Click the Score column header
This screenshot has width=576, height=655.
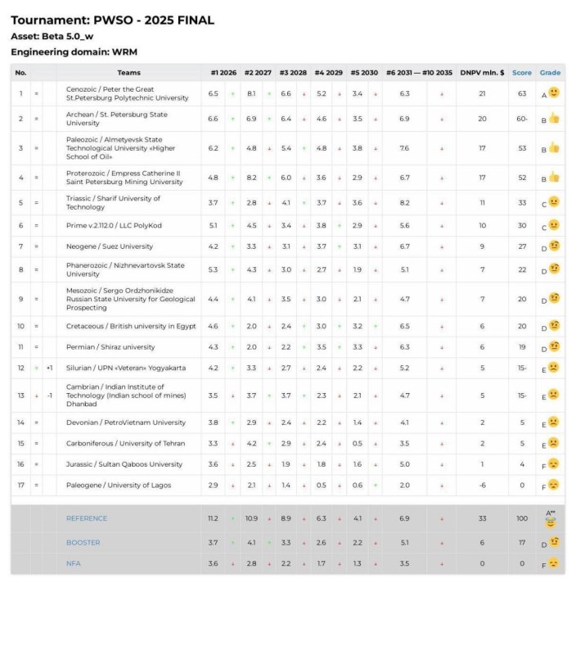521,73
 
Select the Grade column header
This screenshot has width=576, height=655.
550,73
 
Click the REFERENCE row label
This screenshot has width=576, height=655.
87,518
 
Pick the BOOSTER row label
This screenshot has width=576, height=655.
83,542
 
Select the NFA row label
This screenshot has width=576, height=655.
74,563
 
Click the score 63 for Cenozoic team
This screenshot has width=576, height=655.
521,93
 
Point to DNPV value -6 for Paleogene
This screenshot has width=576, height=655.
482,486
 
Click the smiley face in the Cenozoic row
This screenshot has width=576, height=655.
554,93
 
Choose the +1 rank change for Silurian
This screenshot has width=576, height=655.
50,368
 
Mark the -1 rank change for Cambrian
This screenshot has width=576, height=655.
50,395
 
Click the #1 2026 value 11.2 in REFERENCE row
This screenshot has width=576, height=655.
213,518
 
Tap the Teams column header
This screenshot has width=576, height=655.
129,73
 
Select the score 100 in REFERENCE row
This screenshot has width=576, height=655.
521,518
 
